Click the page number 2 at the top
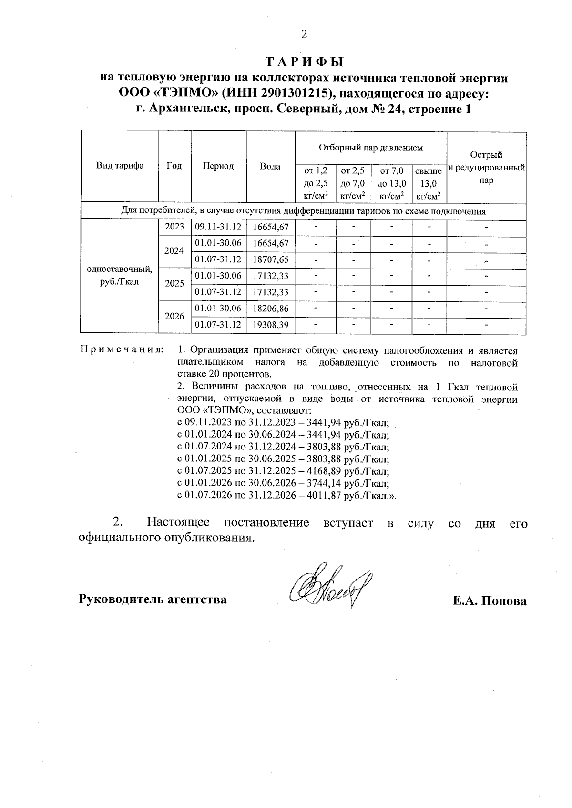[304, 34]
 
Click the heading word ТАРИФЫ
[304, 62]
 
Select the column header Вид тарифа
[120, 166]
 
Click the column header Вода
[270, 166]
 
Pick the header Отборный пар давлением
[370, 148]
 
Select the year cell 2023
[174, 227]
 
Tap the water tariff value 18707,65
[270, 260]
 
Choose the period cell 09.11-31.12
[218, 227]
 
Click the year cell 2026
[174, 316]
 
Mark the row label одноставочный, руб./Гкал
[120, 276]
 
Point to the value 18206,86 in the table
[270, 309]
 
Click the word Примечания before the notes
[121, 350]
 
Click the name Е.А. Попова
[490, 600]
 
